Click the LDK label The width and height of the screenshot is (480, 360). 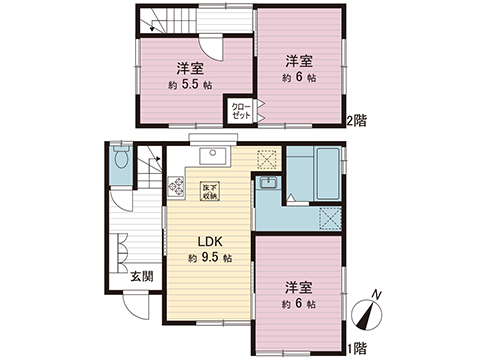(208, 241)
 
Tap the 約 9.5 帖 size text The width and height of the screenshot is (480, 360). (209, 258)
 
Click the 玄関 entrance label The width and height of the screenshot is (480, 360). (141, 276)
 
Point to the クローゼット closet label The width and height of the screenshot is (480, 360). (241, 110)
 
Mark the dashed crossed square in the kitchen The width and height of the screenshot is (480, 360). (267, 158)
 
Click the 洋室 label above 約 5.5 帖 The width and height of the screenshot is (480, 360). (190, 68)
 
